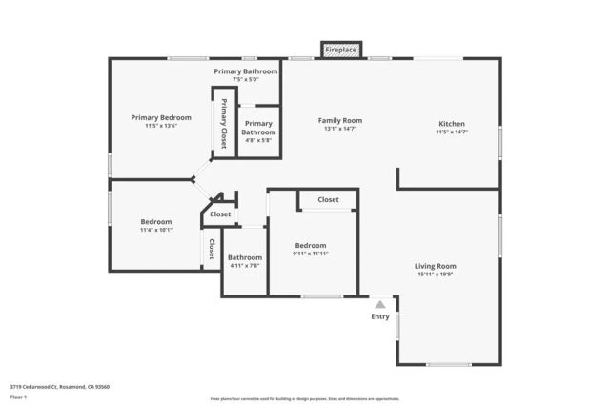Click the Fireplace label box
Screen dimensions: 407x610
(x=340, y=50)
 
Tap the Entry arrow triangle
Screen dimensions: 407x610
(x=379, y=304)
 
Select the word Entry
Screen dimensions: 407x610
(x=379, y=316)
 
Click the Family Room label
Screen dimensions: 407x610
(x=339, y=121)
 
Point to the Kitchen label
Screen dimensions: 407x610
(x=451, y=124)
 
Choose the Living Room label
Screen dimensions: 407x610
(x=435, y=266)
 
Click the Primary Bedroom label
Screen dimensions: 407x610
(x=154, y=117)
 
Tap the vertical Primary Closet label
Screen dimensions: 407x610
(x=224, y=124)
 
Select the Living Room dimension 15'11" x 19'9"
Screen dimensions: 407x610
(x=435, y=275)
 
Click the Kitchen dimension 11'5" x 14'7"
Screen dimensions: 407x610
(x=451, y=132)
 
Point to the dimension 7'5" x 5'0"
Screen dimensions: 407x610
(x=246, y=79)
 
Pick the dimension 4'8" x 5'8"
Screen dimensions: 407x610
(x=258, y=140)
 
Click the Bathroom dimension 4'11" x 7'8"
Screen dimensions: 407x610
(x=244, y=265)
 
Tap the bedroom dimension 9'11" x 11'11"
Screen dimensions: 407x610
(x=310, y=254)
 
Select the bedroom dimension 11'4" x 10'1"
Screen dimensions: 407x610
(x=156, y=230)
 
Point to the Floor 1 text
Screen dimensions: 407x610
(x=20, y=396)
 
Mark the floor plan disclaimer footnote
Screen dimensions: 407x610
(x=305, y=398)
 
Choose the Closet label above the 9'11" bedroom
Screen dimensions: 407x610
(x=328, y=199)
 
